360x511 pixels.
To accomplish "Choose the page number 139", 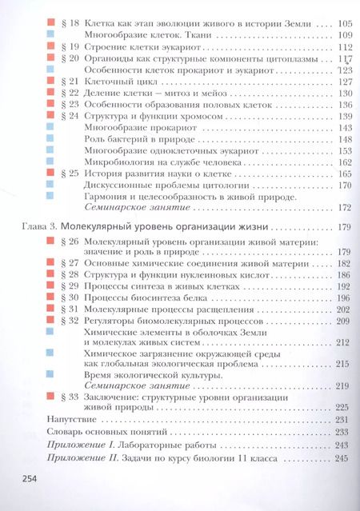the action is click(345, 116).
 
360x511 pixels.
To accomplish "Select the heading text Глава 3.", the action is click(35, 227).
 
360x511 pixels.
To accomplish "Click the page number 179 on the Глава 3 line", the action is click(345, 227).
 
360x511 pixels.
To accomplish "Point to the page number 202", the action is click(345, 309).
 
